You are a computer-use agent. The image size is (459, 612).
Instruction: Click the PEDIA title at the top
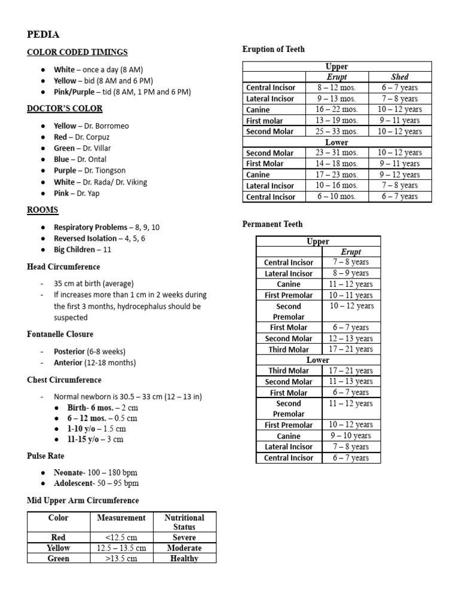click(43, 34)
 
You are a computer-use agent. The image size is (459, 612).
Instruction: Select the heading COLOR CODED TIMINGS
click(77, 53)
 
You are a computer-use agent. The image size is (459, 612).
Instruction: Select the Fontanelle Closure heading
click(60, 334)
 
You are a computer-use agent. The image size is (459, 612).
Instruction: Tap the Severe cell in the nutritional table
click(184, 537)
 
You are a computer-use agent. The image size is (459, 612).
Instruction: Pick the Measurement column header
click(121, 518)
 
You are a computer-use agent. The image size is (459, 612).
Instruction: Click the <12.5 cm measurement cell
click(121, 537)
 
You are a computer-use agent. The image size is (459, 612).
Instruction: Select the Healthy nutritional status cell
click(184, 558)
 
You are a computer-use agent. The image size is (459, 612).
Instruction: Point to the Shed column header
click(399, 77)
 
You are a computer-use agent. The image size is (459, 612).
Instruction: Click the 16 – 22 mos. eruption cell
click(336, 109)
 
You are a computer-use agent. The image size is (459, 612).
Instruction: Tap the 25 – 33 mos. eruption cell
click(336, 131)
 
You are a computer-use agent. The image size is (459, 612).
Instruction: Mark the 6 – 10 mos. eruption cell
click(336, 197)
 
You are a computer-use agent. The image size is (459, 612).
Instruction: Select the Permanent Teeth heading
click(272, 224)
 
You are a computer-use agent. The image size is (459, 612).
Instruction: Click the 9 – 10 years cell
click(351, 436)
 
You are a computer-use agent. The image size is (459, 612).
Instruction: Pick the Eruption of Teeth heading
click(273, 50)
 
